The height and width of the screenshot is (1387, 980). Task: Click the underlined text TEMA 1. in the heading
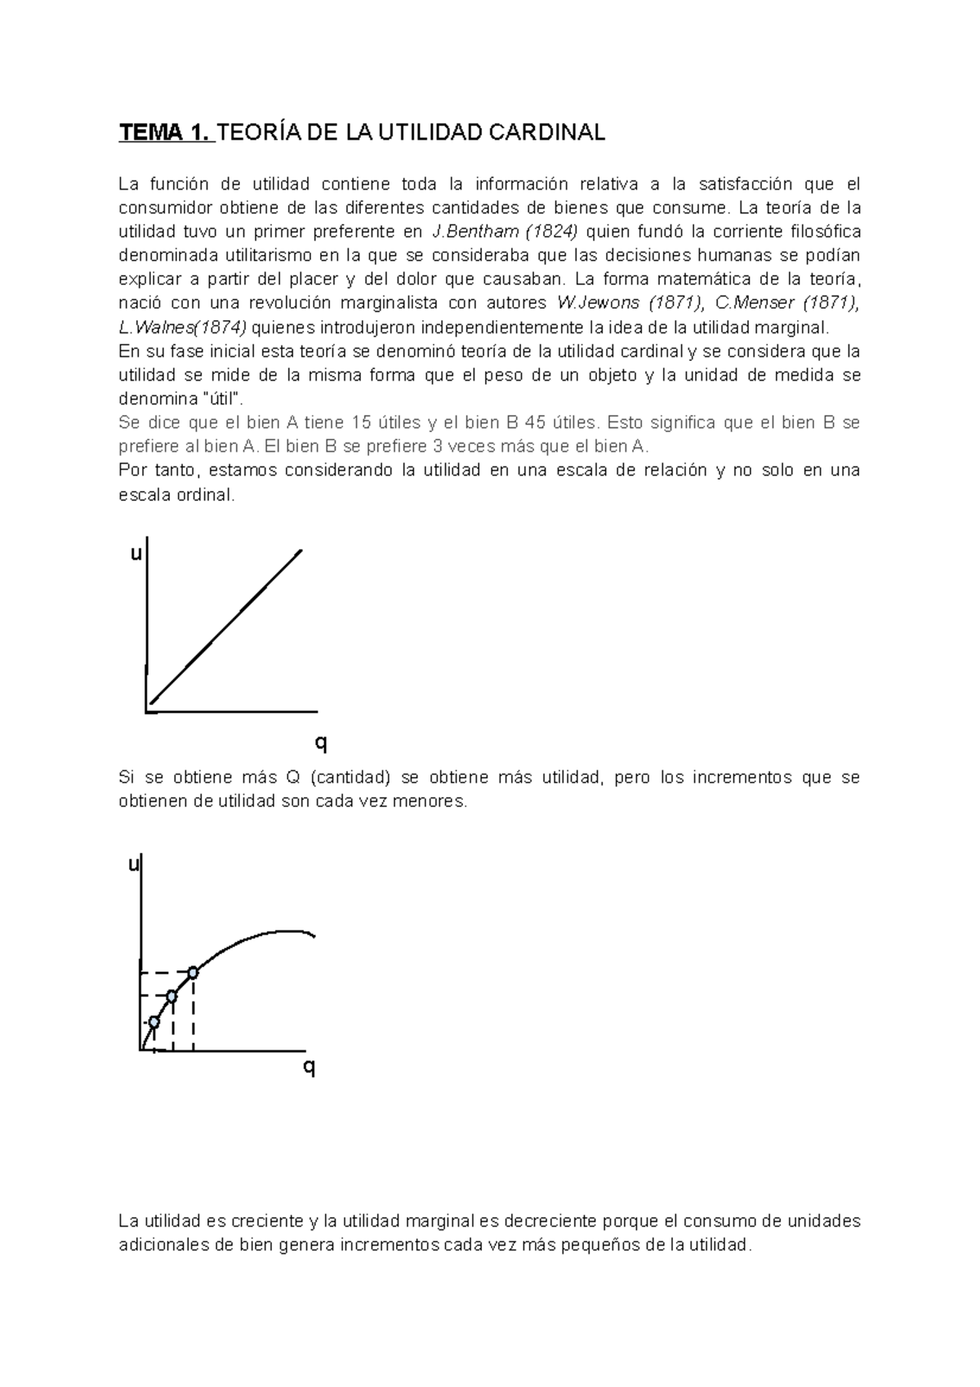point(166,133)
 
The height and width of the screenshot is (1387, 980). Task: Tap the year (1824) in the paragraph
point(550,231)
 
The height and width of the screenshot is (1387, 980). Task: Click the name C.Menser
point(755,303)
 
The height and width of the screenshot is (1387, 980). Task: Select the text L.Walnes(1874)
point(182,328)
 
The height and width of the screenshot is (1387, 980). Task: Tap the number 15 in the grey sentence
point(361,423)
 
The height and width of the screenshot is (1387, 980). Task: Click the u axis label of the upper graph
point(136,555)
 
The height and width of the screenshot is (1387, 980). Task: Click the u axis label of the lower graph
point(133,865)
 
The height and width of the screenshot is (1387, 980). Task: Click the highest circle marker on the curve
point(193,972)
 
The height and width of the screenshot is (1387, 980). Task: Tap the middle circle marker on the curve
point(171,996)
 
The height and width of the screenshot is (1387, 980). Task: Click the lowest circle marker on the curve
point(153,1022)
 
